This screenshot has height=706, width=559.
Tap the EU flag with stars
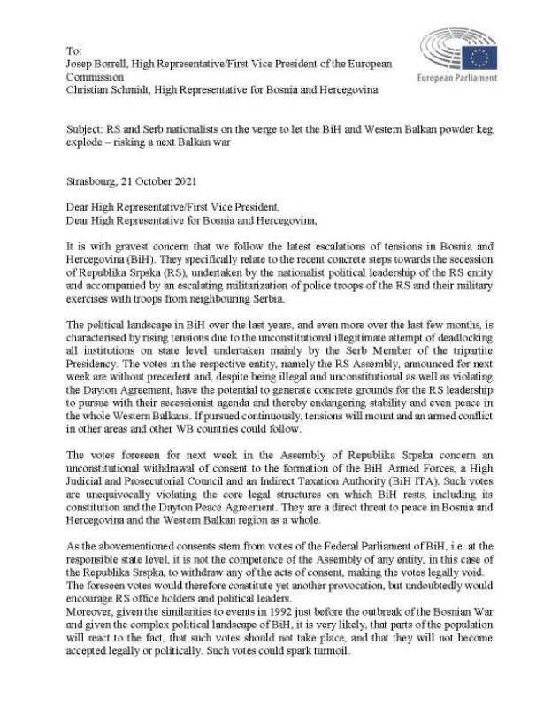tap(481, 58)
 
